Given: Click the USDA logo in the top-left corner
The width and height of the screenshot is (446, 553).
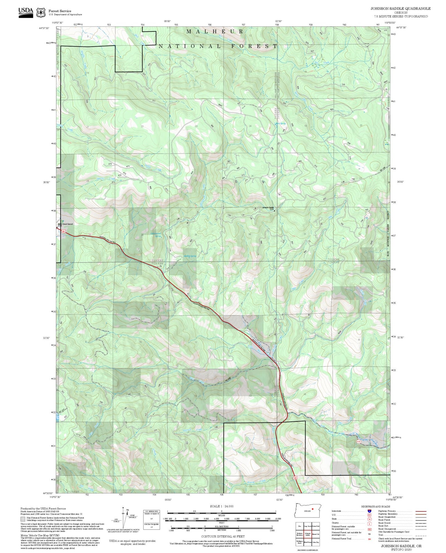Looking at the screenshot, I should click(26, 12).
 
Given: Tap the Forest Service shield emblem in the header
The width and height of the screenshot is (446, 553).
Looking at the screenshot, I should click(41, 12).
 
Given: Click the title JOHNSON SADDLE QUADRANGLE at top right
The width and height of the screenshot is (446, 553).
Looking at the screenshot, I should click(400, 8).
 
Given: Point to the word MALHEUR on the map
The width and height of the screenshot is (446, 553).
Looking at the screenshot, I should click(215, 31).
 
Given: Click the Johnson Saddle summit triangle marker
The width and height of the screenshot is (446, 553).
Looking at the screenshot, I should click(274, 211).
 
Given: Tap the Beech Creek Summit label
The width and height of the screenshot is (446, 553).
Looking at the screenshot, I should click(66, 224).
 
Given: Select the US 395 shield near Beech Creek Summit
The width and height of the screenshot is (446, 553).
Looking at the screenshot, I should click(63, 231).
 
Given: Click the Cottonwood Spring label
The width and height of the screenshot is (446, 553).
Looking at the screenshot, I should click(156, 235).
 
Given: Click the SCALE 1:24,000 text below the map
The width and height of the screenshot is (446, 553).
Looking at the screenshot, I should click(222, 506).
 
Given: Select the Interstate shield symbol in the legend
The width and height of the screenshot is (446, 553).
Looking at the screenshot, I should click(369, 511).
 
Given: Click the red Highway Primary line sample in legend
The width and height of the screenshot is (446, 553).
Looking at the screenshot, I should click(421, 511).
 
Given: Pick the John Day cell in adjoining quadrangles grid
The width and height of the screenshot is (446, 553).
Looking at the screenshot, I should click(315, 542).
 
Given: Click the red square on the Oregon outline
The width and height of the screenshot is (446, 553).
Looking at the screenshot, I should click(312, 509).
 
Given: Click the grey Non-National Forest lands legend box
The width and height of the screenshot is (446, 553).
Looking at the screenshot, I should click(23, 519).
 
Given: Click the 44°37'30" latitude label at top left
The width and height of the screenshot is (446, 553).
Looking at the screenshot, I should click(44, 28).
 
